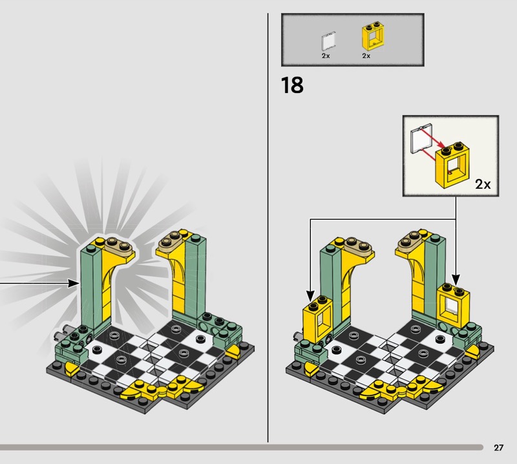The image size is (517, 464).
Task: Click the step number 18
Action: pos(292,85)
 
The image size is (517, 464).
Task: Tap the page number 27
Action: pos(498,447)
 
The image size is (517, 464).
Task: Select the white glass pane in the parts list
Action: pos(328,41)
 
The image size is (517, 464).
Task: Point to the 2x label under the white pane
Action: pos(326,56)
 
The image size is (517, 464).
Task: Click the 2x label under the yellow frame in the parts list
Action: pos(366,56)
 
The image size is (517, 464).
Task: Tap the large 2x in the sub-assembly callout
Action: pos(483,184)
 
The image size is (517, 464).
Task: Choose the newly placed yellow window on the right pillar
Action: pos(454,306)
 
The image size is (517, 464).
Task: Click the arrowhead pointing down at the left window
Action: pos(310,295)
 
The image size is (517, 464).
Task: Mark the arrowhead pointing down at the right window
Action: pos(456,280)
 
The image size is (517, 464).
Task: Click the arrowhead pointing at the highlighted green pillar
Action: pos(74,283)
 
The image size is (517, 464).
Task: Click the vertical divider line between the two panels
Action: pos(268,227)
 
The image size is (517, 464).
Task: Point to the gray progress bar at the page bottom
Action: pos(241,447)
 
